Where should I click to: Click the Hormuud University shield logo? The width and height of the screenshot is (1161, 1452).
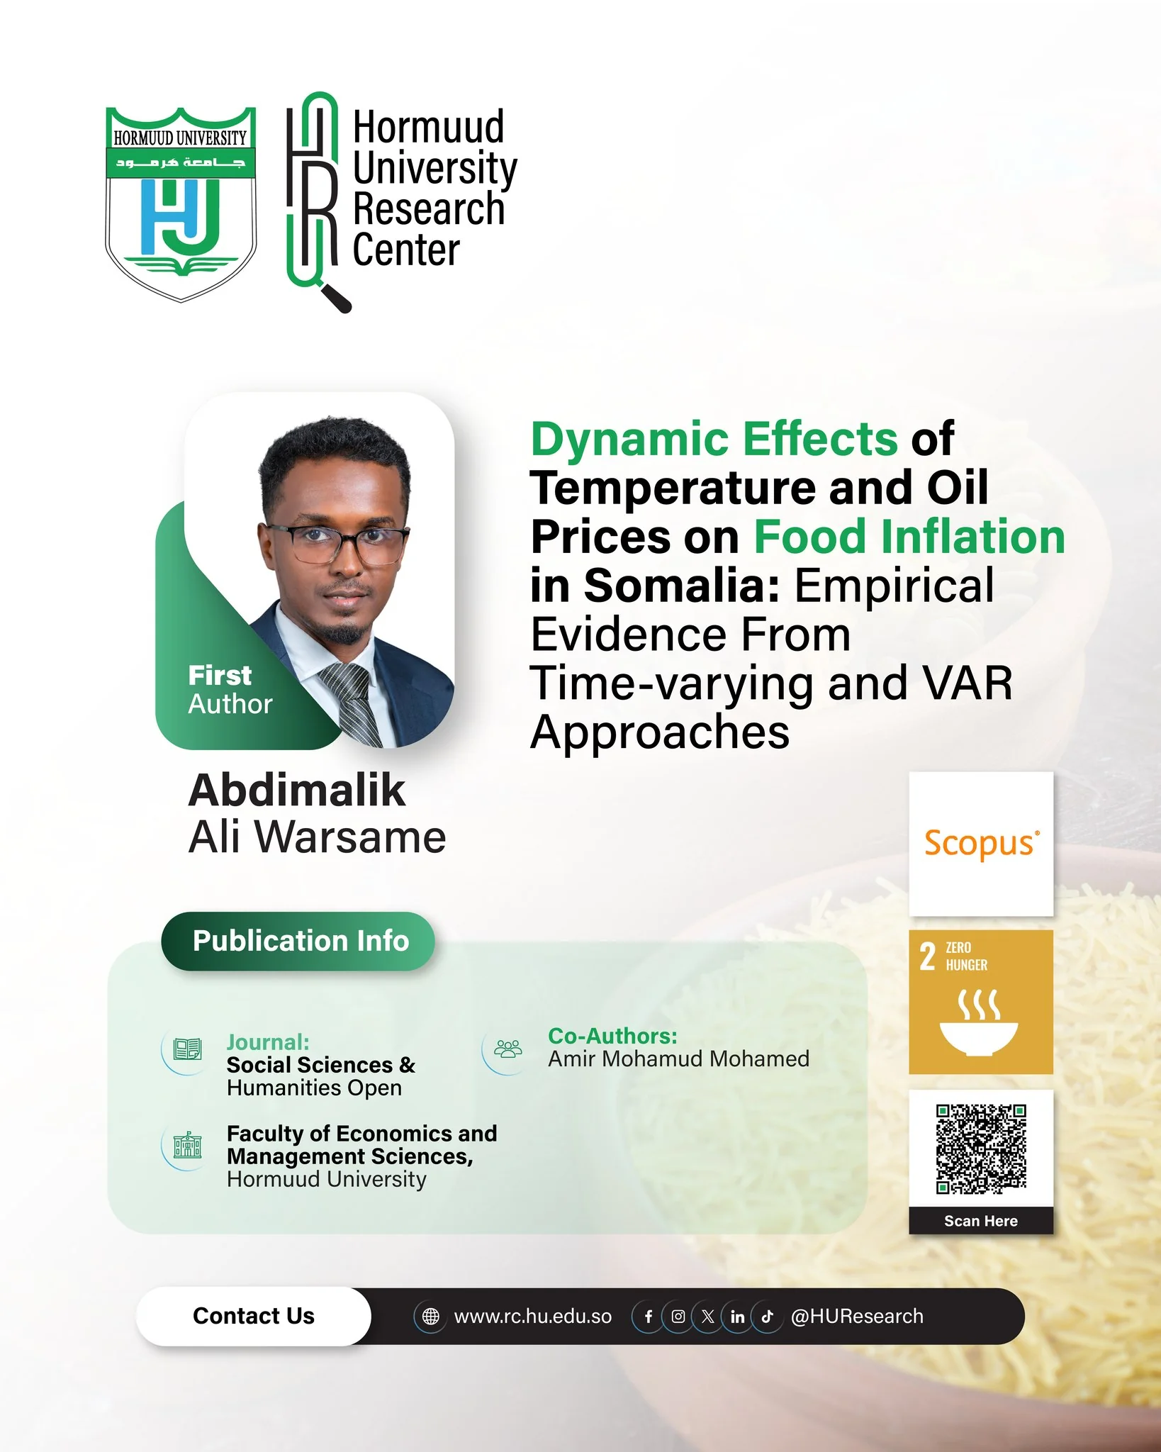tap(181, 205)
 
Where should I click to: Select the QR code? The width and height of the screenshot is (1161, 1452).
tap(981, 1149)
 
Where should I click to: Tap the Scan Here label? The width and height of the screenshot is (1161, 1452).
tap(981, 1221)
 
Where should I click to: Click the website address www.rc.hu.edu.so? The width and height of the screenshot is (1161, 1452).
tap(533, 1317)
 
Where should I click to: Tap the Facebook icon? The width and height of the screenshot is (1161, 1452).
tap(648, 1317)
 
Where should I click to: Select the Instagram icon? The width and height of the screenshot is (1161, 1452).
tap(678, 1317)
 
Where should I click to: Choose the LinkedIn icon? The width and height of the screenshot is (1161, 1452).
tap(737, 1317)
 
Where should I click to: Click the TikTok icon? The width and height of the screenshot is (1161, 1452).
tap(767, 1317)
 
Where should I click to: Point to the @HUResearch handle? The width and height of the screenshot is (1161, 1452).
tap(857, 1317)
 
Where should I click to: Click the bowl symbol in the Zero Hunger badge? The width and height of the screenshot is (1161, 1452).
tap(979, 1038)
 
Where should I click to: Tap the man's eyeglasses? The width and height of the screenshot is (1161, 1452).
tap(337, 542)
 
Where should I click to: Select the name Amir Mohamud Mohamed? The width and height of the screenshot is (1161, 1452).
tap(678, 1059)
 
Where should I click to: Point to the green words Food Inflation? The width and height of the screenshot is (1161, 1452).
tap(909, 537)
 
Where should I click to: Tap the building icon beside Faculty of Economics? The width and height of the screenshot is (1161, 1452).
tap(187, 1145)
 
